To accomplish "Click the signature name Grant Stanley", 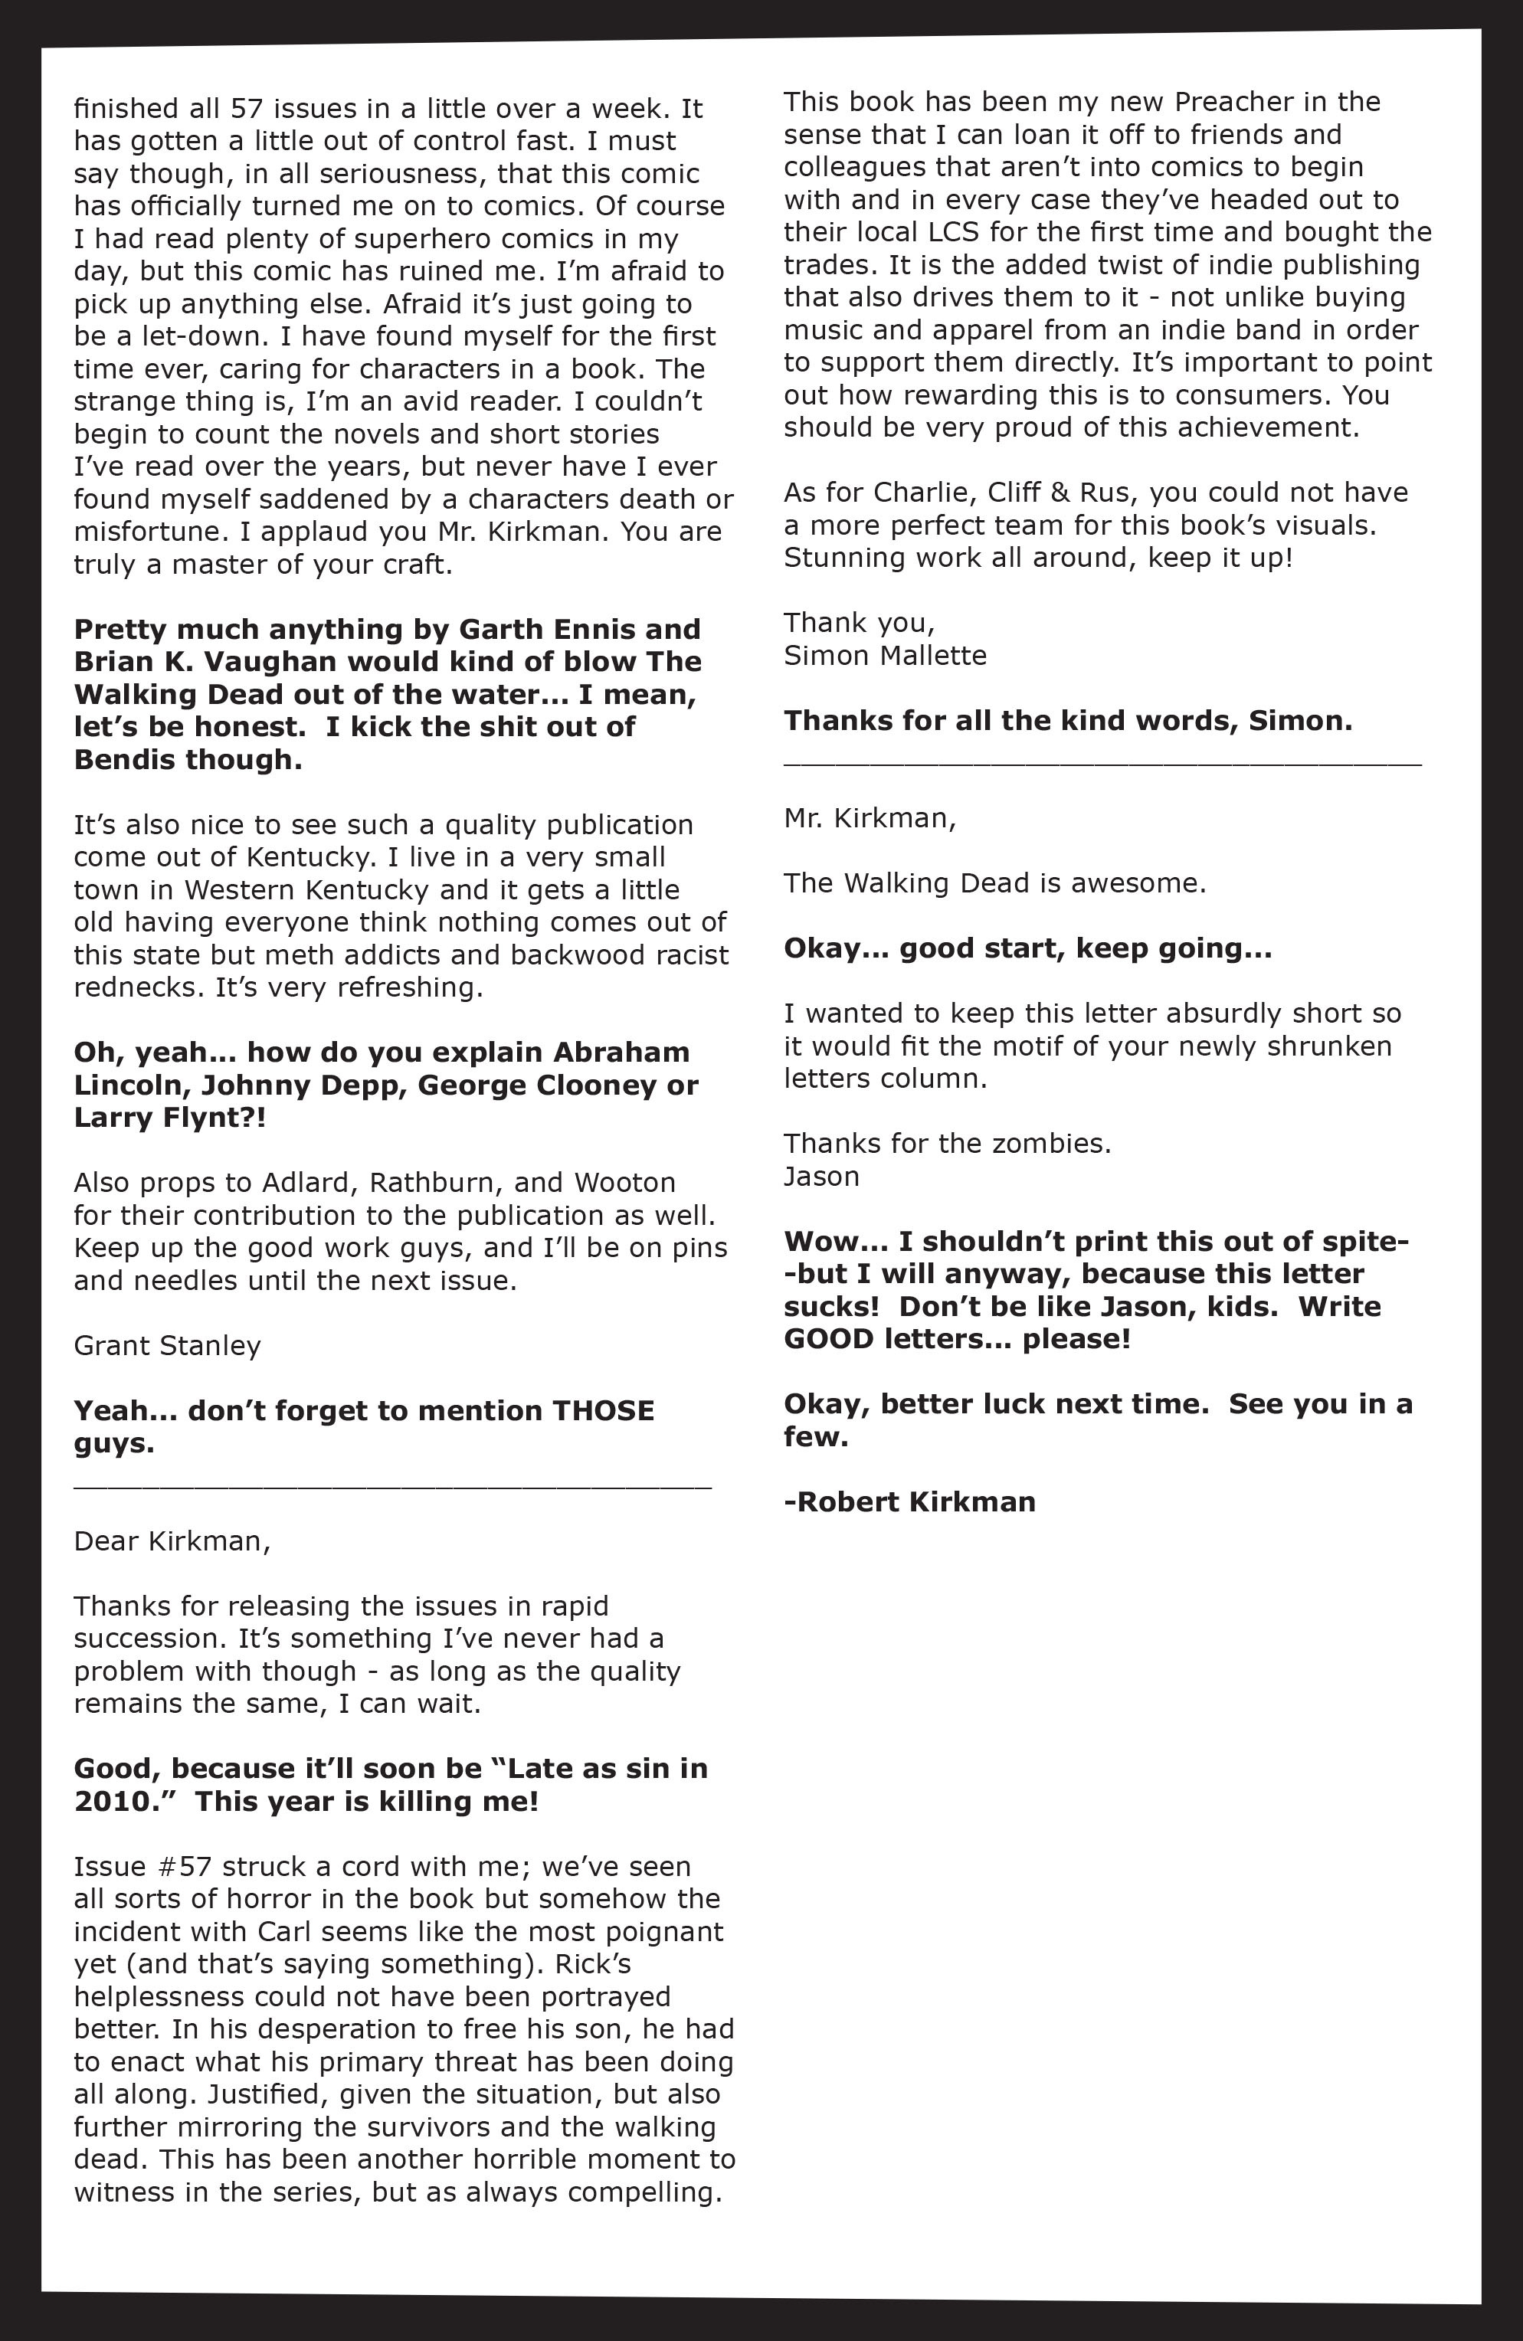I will (x=167, y=1346).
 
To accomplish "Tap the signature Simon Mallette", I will (x=885, y=656).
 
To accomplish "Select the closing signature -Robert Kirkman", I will (x=909, y=1502).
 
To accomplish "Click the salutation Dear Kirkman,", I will (x=171, y=1540).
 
